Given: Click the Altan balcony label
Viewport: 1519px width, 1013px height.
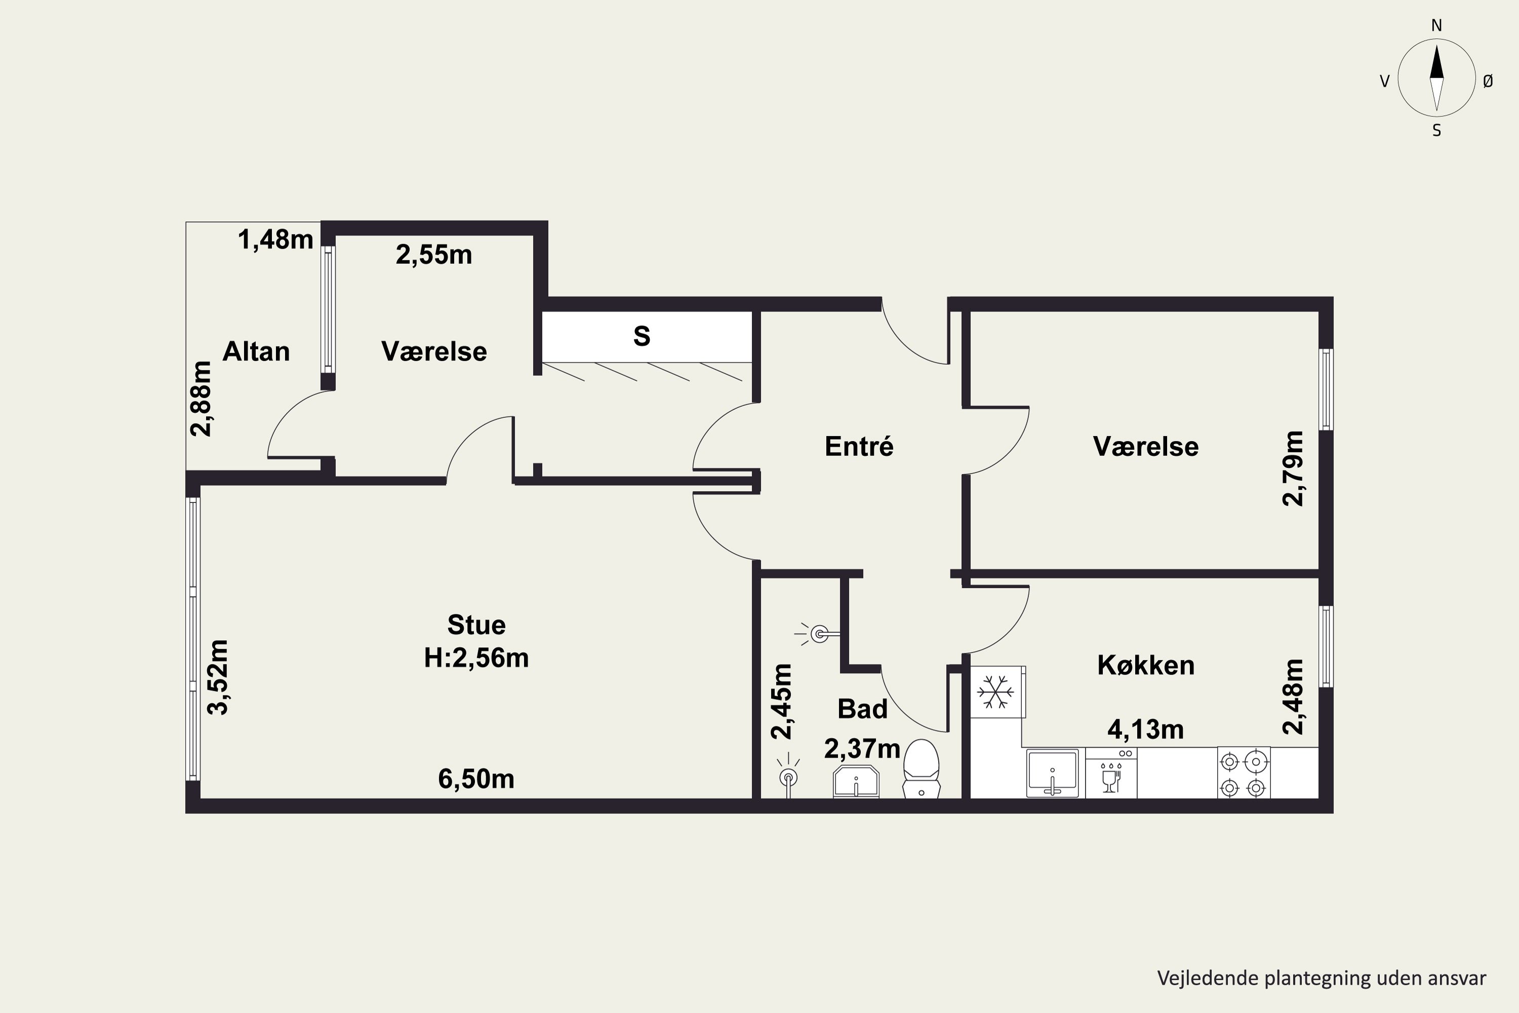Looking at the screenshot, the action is (x=256, y=352).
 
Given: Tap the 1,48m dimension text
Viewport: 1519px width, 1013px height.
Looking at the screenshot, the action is (x=276, y=240).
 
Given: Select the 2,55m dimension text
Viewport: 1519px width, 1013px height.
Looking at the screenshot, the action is (x=434, y=255).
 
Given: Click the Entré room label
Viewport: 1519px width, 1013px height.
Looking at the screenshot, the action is (x=859, y=446).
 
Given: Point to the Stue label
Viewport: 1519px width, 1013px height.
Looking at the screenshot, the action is (x=476, y=625).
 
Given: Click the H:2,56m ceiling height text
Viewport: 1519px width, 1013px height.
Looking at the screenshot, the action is (x=476, y=657).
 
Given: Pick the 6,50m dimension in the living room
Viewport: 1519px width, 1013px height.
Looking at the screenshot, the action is (x=476, y=779).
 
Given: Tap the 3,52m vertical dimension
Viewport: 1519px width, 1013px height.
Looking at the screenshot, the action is (x=218, y=677).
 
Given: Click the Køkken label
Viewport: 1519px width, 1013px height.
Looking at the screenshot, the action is (x=1146, y=666).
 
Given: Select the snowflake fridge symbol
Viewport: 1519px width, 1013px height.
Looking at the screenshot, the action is (x=996, y=692).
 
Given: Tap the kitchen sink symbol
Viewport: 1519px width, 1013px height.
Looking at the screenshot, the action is (x=1053, y=773).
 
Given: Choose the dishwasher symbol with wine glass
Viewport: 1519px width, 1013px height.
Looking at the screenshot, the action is (x=1111, y=773).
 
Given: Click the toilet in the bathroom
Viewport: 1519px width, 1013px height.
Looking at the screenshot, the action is (x=921, y=769).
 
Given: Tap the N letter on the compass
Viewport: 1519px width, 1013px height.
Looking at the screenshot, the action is (x=1436, y=26).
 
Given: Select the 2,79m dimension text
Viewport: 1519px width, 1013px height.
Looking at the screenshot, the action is (x=1293, y=469).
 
